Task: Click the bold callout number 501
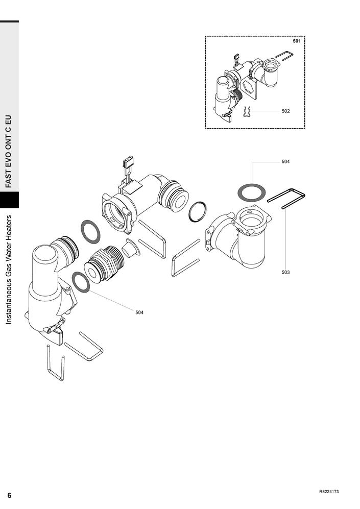point(296,41)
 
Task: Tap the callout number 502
point(285,111)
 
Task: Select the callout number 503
point(285,272)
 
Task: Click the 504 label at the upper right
point(285,162)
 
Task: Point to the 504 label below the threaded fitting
point(139,312)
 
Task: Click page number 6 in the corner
point(9,495)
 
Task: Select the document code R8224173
point(329,492)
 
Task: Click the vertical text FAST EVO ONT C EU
point(9,151)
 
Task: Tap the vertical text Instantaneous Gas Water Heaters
point(9,270)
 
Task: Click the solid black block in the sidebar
point(9,200)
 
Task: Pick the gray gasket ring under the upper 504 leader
point(252,193)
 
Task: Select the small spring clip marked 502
point(247,112)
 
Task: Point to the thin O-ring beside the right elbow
point(198,212)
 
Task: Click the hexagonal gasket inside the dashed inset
point(248,87)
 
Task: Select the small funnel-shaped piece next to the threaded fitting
point(131,248)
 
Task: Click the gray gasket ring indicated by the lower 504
point(81,282)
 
